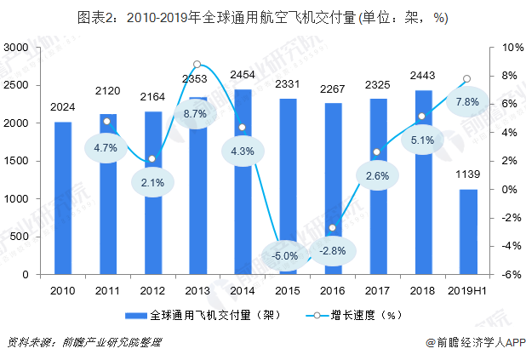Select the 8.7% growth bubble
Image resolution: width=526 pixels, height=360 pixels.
[197, 113]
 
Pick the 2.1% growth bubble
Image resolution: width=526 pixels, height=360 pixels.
[152, 182]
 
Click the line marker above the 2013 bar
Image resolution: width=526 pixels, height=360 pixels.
[197, 64]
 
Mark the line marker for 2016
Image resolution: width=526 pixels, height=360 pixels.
[333, 228]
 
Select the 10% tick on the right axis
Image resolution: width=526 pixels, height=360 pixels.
[501, 48]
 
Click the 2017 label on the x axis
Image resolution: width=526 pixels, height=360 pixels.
[378, 290]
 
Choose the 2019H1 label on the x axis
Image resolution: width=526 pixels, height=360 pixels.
[468, 290]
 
